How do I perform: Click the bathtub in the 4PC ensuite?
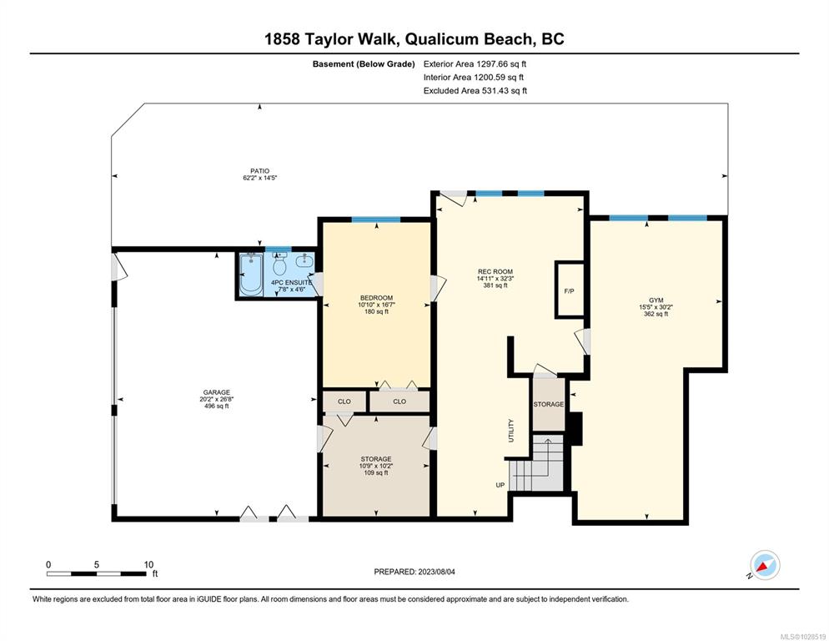pos(249,275)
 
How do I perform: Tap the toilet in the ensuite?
pos(280,265)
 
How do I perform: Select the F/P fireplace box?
pos(569,290)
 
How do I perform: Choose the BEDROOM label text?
pos(376,298)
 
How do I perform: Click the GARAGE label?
pos(215,391)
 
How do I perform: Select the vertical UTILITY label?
pos(511,431)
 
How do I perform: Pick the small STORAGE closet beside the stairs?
pos(549,404)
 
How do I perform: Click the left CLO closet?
pos(344,401)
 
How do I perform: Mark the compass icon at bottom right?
pos(764,565)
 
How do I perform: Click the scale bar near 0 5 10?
pos(98,574)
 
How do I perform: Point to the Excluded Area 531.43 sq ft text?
pos(475,90)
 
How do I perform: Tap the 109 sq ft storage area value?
pos(376,473)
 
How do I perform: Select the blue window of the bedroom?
pos(375,220)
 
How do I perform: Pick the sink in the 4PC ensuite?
pos(305,261)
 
